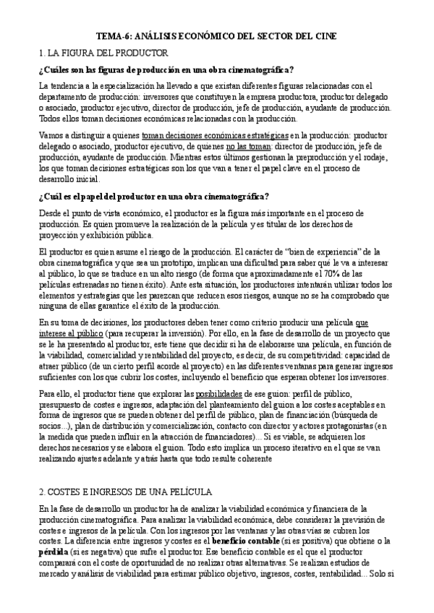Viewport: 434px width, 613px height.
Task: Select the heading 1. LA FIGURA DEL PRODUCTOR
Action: click(103, 53)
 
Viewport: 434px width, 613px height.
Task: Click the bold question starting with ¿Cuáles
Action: click(166, 69)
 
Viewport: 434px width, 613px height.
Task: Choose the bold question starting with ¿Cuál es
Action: click(154, 196)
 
